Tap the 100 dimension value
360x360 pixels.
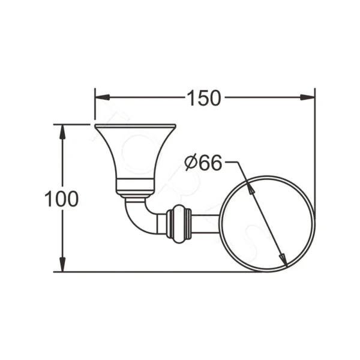click(62, 199)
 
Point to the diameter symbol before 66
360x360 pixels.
click(191, 162)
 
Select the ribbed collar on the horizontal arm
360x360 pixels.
click(178, 223)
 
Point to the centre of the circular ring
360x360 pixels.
click(266, 223)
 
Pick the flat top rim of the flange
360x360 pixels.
click(135, 126)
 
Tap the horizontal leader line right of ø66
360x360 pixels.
click(233, 163)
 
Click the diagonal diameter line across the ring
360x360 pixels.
click(266, 223)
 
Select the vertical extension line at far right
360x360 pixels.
click(315, 180)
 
